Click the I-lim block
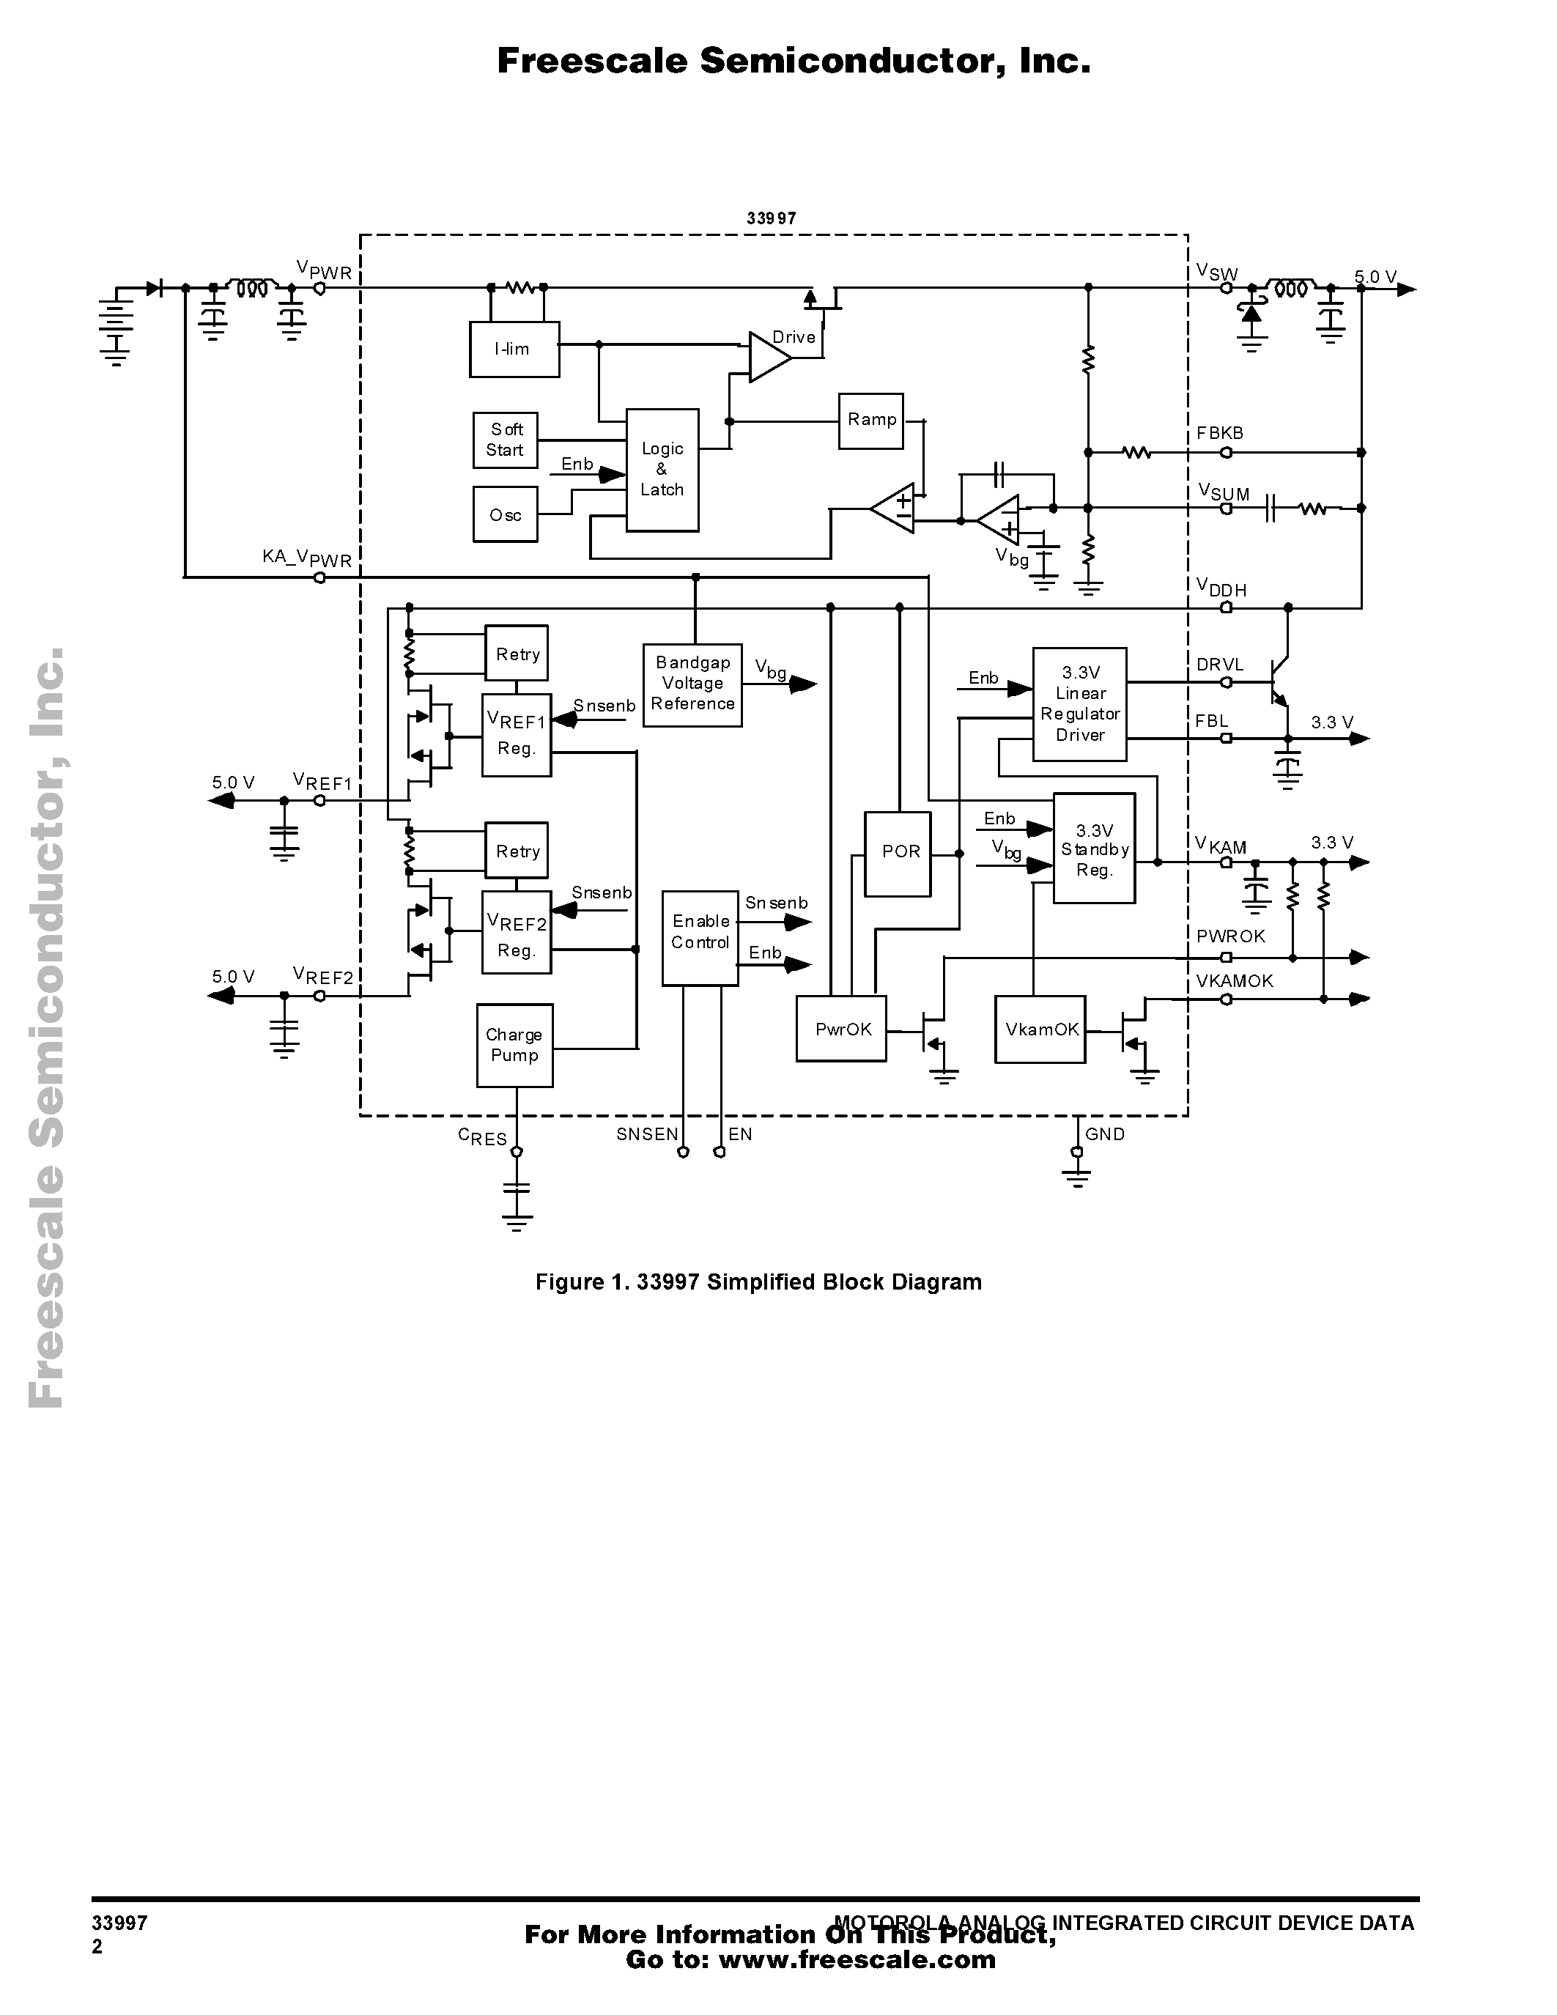coord(514,350)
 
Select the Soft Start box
coord(505,440)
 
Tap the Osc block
coord(505,515)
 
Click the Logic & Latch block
coord(662,470)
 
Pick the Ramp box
coord(870,421)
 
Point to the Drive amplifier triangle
coord(767,357)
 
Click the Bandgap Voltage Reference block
coord(692,684)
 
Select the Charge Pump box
coord(514,1046)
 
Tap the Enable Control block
coord(699,937)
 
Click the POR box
coord(898,854)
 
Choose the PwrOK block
coord(841,1029)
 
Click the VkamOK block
coord(1040,1029)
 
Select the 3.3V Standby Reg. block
coord(1094,848)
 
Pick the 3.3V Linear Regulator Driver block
coord(1079,704)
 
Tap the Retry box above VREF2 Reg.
coord(517,851)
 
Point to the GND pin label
coord(1104,1135)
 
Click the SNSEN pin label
coord(646,1135)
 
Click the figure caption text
coord(758,1282)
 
